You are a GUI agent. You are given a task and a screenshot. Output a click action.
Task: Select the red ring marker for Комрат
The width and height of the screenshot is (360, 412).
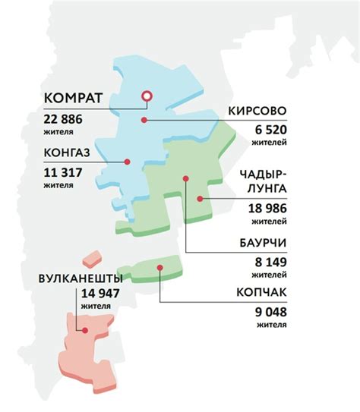click(147, 96)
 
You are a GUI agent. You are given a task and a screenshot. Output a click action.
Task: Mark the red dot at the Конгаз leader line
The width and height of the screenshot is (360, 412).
click(128, 161)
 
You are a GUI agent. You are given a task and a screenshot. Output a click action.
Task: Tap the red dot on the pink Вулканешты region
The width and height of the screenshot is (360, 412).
click(87, 331)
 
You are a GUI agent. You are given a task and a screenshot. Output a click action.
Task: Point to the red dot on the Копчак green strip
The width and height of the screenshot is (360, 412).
click(159, 268)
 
